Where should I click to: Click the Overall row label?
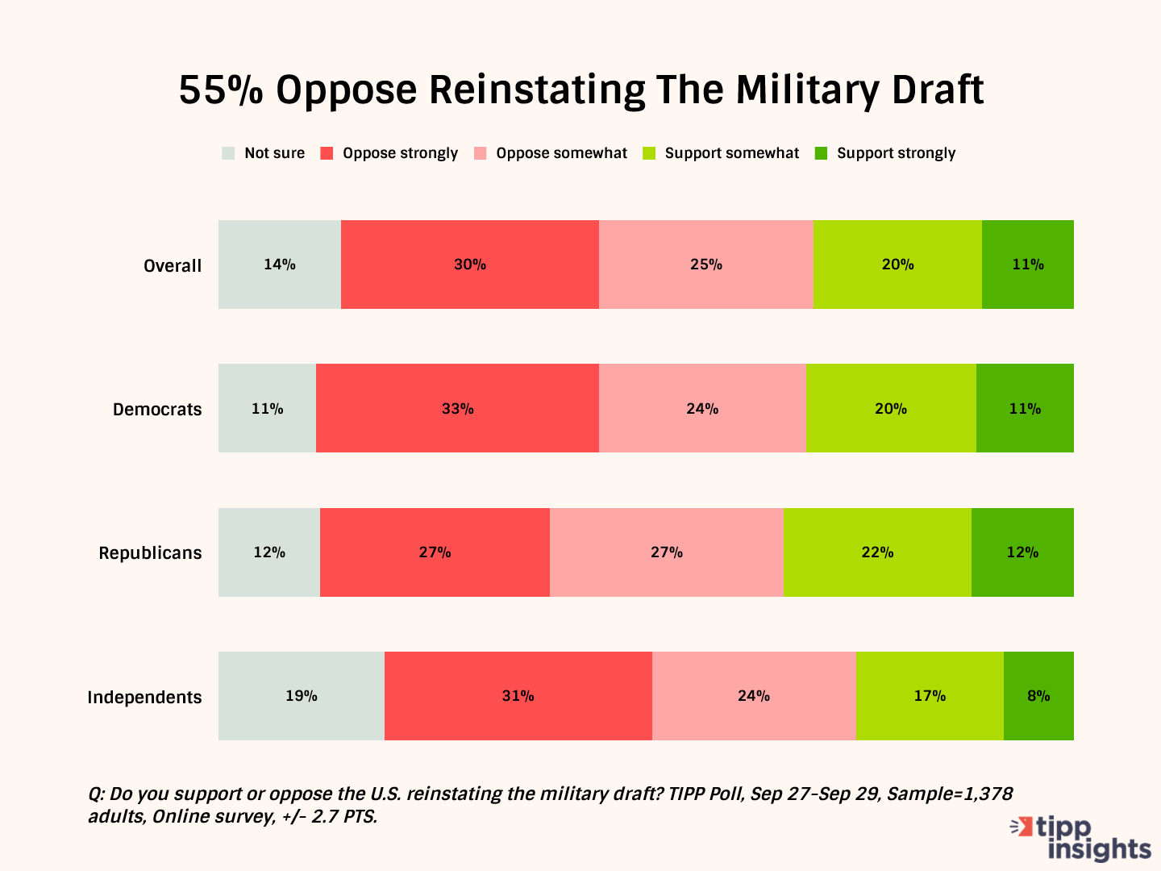click(173, 265)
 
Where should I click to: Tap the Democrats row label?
click(157, 409)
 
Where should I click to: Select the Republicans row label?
click(150, 552)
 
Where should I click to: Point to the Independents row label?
click(144, 697)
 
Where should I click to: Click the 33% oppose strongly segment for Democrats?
click(457, 408)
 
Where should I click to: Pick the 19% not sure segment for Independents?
click(301, 695)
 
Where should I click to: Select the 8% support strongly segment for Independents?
click(1038, 695)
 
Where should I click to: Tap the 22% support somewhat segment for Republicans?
click(877, 552)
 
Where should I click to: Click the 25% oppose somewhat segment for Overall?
click(706, 265)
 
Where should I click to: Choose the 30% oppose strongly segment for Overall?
click(470, 265)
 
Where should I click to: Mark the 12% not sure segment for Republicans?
click(269, 552)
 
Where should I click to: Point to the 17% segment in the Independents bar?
click(930, 695)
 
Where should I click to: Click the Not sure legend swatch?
click(228, 153)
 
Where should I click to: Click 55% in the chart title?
click(221, 90)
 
